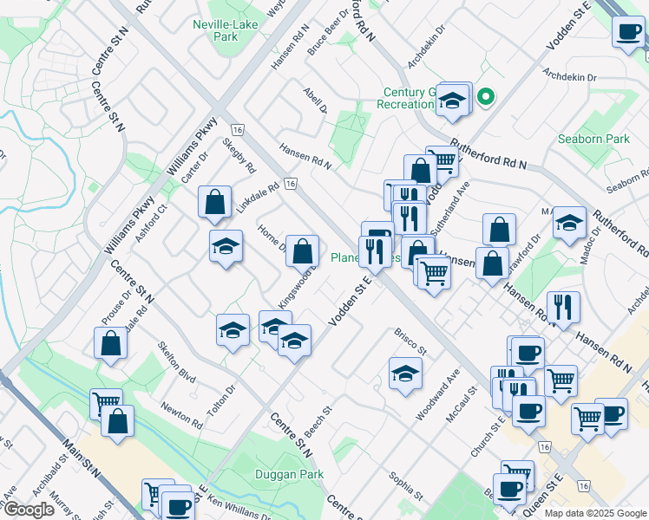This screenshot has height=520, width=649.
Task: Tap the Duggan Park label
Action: (x=289, y=474)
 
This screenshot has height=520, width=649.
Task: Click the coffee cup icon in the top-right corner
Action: (x=627, y=32)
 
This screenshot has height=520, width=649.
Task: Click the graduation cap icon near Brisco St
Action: (x=404, y=374)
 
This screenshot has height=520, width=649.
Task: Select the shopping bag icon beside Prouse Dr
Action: (x=111, y=343)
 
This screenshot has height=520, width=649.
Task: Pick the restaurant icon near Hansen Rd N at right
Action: (x=563, y=307)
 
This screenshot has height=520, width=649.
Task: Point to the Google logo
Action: (x=29, y=510)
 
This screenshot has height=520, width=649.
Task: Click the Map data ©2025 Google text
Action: (x=595, y=512)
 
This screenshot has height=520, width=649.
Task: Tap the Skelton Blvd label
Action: (x=176, y=361)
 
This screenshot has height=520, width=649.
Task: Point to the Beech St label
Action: (x=319, y=421)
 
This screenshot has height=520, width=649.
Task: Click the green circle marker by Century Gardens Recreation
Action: (x=487, y=96)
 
